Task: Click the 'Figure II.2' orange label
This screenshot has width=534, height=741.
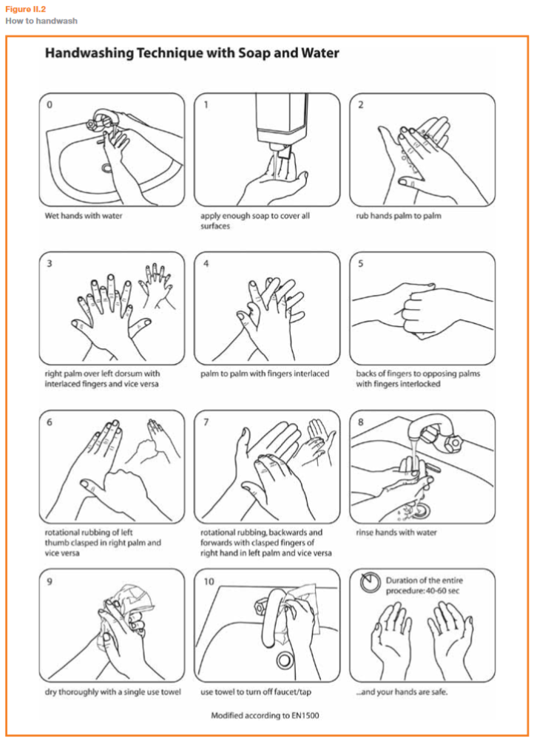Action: tap(26, 9)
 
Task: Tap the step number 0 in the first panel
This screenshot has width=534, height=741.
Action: tap(49, 104)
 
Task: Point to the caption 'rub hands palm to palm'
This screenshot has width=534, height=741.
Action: tap(399, 216)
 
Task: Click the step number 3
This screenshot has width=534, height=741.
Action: tap(49, 264)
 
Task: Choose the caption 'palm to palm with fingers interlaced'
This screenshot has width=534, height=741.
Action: tap(265, 373)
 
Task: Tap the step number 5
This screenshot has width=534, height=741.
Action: tap(361, 264)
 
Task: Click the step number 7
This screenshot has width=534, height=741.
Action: tap(206, 422)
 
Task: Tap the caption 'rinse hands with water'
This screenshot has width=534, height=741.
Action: tap(396, 532)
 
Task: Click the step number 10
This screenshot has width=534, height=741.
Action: tap(209, 581)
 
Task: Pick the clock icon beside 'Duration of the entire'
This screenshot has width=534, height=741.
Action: tap(371, 583)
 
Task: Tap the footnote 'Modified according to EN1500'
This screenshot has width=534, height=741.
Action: tap(265, 715)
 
